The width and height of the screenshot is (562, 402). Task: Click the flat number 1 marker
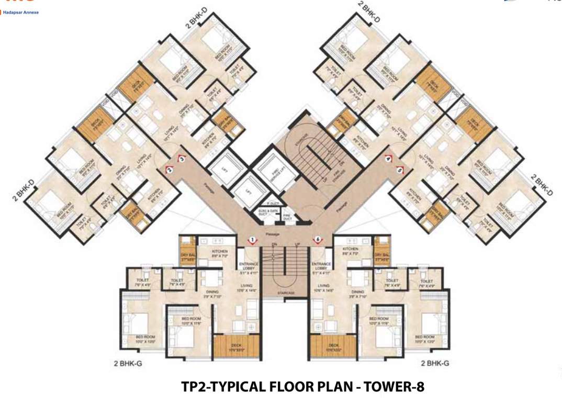[252, 240]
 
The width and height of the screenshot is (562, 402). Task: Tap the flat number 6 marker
[317, 240]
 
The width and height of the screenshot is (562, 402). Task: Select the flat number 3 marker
[181, 159]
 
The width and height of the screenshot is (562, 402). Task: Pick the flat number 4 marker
[388, 159]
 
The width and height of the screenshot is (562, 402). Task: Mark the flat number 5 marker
[400, 170]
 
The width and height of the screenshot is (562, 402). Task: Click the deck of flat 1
[237, 347]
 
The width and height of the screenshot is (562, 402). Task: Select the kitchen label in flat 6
[350, 251]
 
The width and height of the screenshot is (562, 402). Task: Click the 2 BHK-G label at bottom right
[434, 362]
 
